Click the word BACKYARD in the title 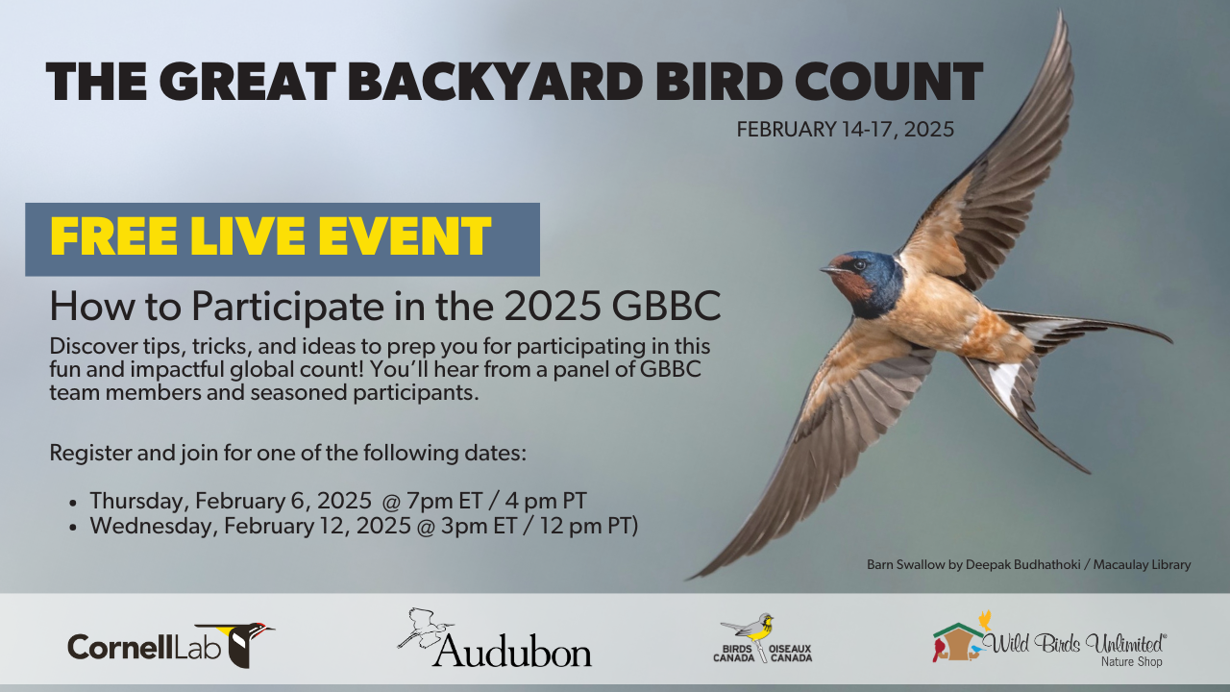click(495, 81)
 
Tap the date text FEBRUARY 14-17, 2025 click(845, 130)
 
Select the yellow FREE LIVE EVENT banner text click(270, 236)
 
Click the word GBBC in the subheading click(666, 306)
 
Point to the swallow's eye click(859, 265)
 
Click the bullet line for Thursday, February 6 click(338, 501)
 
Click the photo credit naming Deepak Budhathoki click(1028, 564)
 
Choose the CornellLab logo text click(144, 647)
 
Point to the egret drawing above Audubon click(426, 629)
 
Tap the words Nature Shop click(1131, 662)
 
